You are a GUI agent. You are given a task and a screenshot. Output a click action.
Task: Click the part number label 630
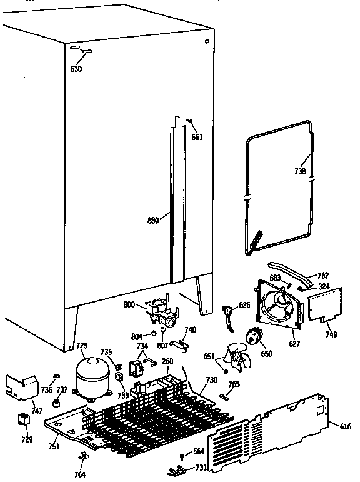pyautogui.click(x=76, y=69)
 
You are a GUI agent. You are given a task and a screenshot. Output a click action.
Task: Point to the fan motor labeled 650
pyautogui.click(x=254, y=338)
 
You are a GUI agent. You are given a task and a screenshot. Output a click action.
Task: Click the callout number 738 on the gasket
pyautogui.click(x=300, y=171)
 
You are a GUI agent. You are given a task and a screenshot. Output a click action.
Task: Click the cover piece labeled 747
pyautogui.click(x=19, y=388)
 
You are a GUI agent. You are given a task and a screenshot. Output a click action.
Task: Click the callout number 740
pyautogui.click(x=190, y=330)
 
